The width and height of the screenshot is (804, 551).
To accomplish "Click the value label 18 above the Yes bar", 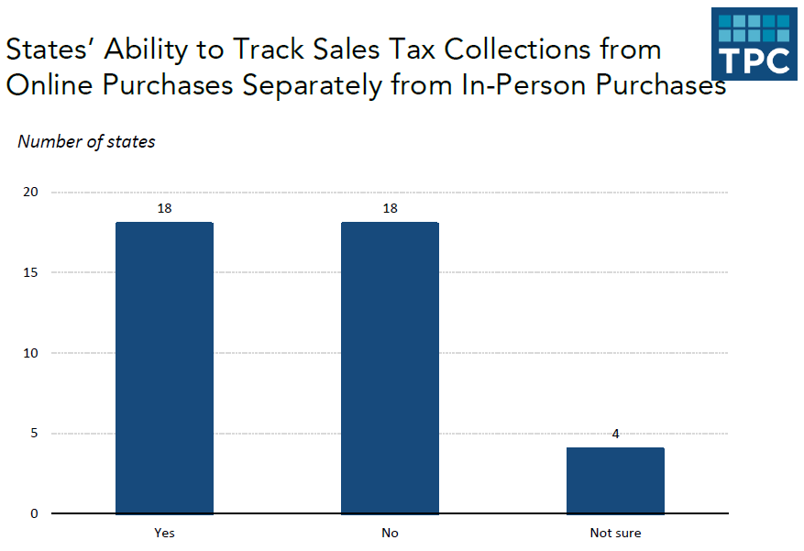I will pos(164,208).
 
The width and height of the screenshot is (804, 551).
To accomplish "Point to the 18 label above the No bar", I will pos(390,208).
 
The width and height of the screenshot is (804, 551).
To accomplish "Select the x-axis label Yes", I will pos(164,533).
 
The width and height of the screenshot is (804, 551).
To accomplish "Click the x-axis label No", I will pos(390,533).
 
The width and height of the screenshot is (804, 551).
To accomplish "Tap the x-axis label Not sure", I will pos(615,533).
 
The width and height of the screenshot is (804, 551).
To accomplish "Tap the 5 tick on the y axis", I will pos(34,433).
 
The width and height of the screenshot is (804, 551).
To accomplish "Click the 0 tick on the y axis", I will pos(34,513).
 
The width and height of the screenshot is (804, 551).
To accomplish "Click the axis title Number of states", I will pos(86,141).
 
